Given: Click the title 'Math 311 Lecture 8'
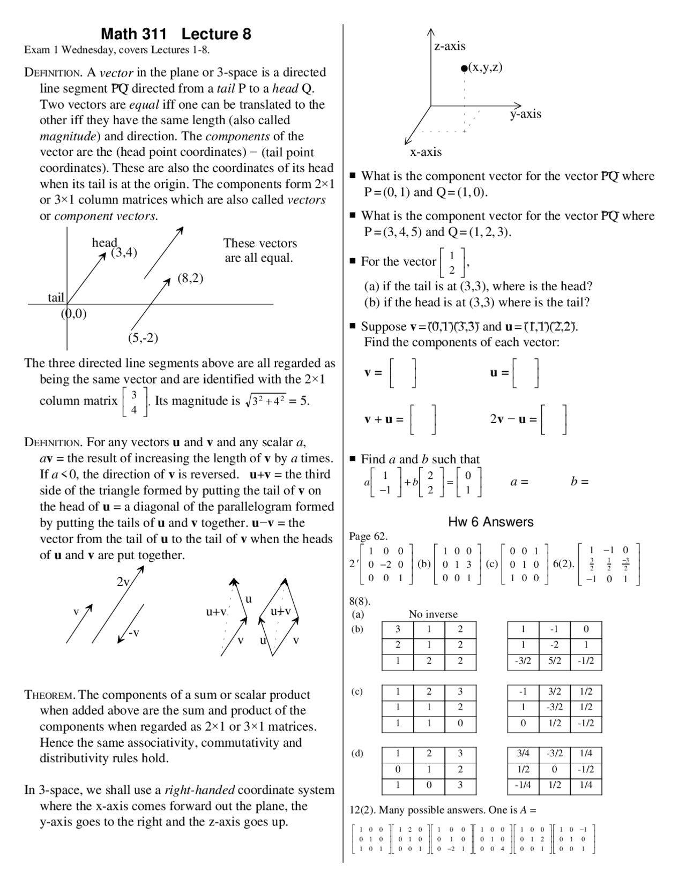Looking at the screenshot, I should [176, 34].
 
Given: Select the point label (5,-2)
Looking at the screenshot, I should [143, 338].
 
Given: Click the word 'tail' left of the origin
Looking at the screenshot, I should [56, 297].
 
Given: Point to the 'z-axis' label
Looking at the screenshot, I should [450, 47].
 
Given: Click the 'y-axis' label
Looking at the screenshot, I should [525, 114].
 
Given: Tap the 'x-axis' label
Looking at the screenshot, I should [426, 152].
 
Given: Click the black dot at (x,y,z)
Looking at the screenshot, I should [464, 68].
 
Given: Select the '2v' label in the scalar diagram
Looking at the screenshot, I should [123, 582].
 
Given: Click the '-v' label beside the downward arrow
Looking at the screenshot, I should [133, 633].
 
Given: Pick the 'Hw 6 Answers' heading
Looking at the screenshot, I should [491, 522].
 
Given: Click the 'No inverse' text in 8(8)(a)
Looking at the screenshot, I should [433, 614].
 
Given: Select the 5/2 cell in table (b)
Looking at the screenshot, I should [555, 661].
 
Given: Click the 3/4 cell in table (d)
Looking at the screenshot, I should [523, 754].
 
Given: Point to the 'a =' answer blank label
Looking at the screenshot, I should [519, 482].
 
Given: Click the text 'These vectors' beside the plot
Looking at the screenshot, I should [260, 243].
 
